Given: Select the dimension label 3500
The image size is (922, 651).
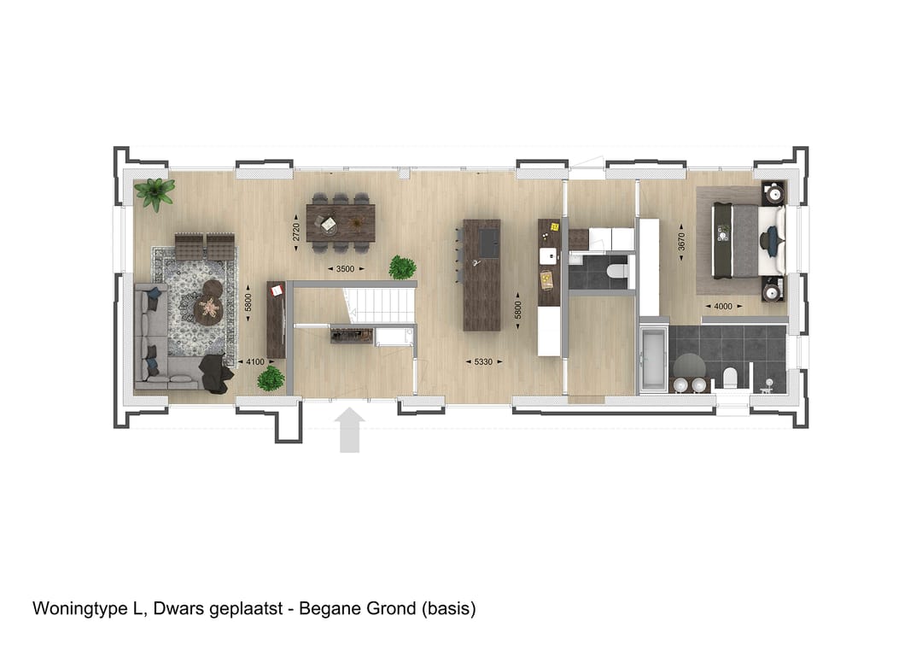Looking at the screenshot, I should pyautogui.click(x=345, y=269).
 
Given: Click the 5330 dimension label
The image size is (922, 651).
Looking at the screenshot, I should pyautogui.click(x=483, y=361).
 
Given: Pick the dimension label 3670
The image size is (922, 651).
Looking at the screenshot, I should pyautogui.click(x=680, y=242).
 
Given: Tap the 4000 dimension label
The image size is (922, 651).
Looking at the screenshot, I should pyautogui.click(x=721, y=305).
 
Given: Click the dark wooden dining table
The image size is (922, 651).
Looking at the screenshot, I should pyautogui.click(x=341, y=222).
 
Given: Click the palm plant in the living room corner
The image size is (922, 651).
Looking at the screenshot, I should pyautogui.click(x=155, y=192).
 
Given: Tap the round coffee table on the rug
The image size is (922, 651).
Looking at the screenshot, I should pyautogui.click(x=207, y=308).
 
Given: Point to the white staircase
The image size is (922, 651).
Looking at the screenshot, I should pyautogui.click(x=378, y=304).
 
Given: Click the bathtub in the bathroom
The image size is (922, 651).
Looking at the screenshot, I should pyautogui.click(x=653, y=359).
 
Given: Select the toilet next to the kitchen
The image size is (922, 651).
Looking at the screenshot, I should pyautogui.click(x=616, y=272).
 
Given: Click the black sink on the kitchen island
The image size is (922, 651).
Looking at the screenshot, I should pyautogui.click(x=489, y=242).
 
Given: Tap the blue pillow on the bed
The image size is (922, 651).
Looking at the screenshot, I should pyautogui.click(x=772, y=242).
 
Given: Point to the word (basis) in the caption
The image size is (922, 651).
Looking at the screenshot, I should pyautogui.click(x=447, y=609).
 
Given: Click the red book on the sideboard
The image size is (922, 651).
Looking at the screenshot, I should pyautogui.click(x=276, y=291).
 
